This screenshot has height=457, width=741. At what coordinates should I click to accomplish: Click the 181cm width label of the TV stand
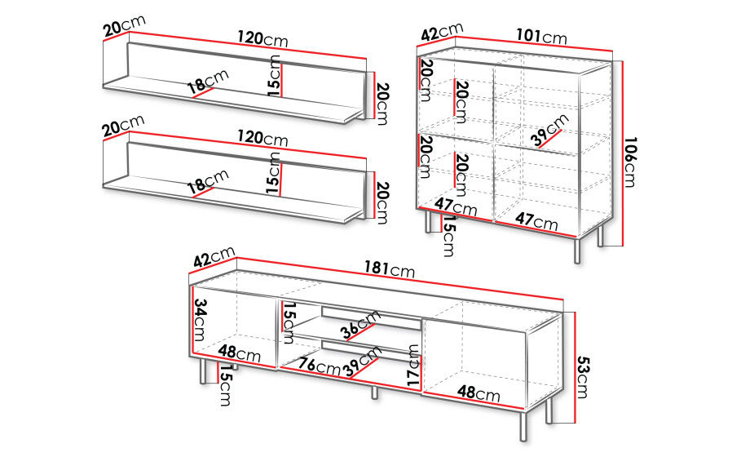click(x=389, y=268)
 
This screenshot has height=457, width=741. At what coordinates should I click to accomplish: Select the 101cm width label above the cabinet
click(x=541, y=36)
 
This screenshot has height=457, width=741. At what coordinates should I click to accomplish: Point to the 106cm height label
click(x=630, y=162)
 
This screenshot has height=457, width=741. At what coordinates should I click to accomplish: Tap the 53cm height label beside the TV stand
click(x=583, y=377)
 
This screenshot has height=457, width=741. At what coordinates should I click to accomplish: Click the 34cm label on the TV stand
click(x=200, y=320)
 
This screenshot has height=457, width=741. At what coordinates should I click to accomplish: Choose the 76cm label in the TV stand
click(x=319, y=366)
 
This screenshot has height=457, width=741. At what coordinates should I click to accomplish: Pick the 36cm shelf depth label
click(x=361, y=325)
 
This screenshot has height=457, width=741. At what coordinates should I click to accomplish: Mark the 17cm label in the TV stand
click(x=413, y=364)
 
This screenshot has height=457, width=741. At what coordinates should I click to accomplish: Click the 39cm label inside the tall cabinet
click(x=550, y=130)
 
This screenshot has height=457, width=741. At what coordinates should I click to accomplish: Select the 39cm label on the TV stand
click(x=363, y=361)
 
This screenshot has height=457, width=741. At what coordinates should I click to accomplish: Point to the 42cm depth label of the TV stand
click(x=214, y=257)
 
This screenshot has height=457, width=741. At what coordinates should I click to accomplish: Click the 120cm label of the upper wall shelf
click(x=262, y=38)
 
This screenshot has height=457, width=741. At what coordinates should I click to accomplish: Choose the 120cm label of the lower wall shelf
click(x=262, y=138)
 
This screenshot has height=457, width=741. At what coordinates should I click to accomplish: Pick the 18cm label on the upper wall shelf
click(x=208, y=82)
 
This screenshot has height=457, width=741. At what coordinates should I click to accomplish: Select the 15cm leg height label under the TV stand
click(x=226, y=385)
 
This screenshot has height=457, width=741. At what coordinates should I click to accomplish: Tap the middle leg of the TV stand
click(x=375, y=393)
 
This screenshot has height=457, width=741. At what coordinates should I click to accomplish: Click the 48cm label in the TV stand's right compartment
click(x=479, y=393)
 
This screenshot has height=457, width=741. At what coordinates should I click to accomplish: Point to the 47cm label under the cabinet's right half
click(x=536, y=220)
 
